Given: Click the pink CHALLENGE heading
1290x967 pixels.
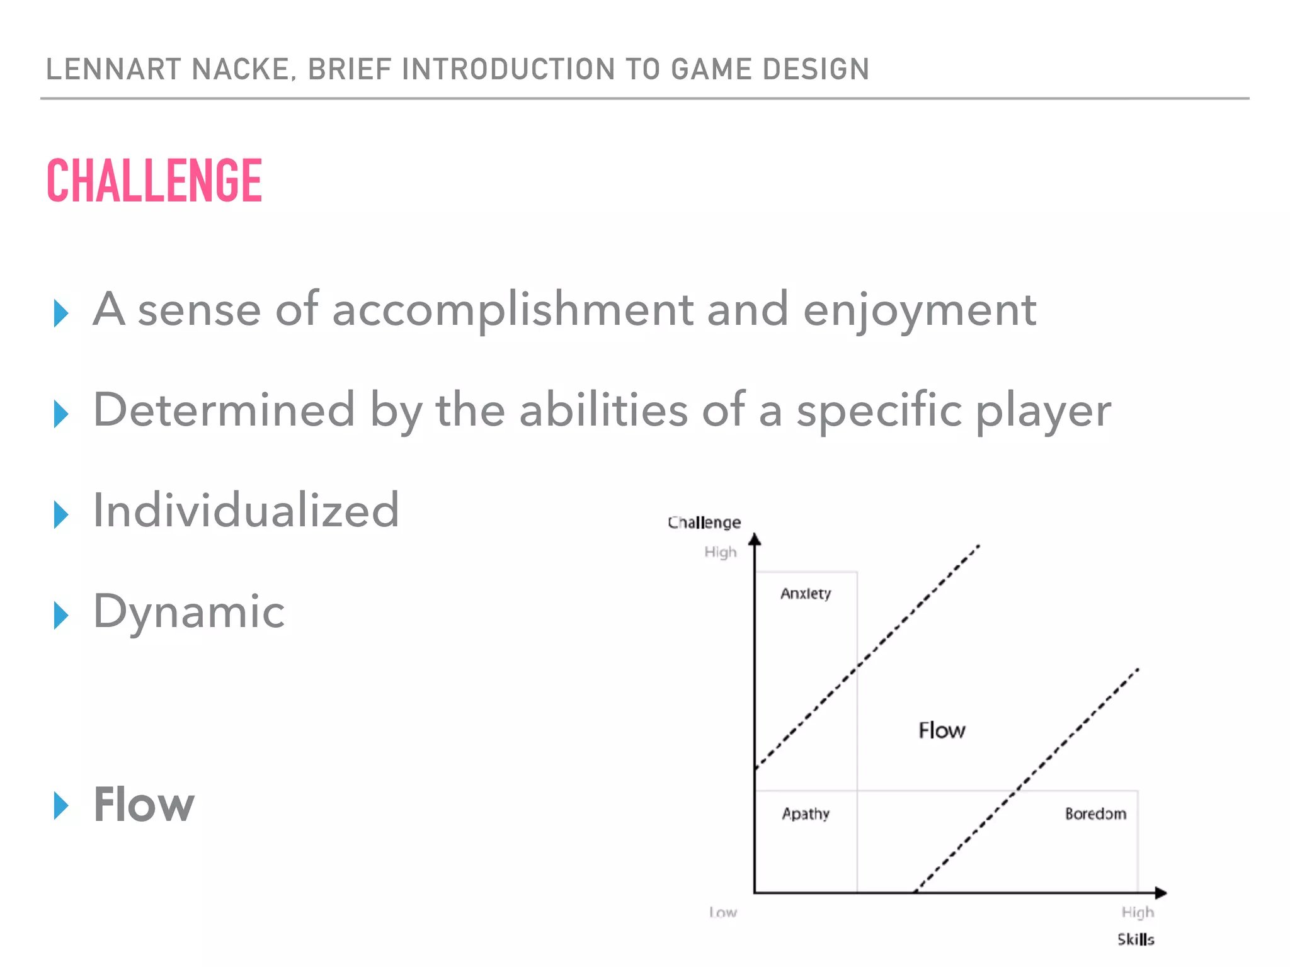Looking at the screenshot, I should pos(154,181).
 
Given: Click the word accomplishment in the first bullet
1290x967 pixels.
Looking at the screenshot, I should pos(512,310).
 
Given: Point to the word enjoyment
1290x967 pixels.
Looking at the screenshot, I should pos(919,311).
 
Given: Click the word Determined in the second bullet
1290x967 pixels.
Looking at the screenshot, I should pos(224,410).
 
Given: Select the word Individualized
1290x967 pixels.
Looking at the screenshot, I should pos(246,511).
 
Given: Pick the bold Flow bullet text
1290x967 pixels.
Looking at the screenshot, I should pos(144,805).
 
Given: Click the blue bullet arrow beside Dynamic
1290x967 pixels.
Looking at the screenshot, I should pos(60,615).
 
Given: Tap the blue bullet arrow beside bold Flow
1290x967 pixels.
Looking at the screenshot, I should pos(60,806).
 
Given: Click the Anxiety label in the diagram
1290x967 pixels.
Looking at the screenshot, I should pos(806,594).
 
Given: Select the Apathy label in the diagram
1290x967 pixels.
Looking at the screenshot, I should pos(806,814).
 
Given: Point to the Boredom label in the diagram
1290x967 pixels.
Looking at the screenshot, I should pos(1095,814).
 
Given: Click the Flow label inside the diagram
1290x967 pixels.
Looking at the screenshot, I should pos(942,731).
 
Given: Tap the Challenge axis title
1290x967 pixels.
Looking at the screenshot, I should pos(704,523).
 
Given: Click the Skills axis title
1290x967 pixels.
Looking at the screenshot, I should pos(1136,939).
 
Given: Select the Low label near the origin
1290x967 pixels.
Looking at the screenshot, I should pos(722,912).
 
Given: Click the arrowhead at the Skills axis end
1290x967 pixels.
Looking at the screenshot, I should pos(1160,893).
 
